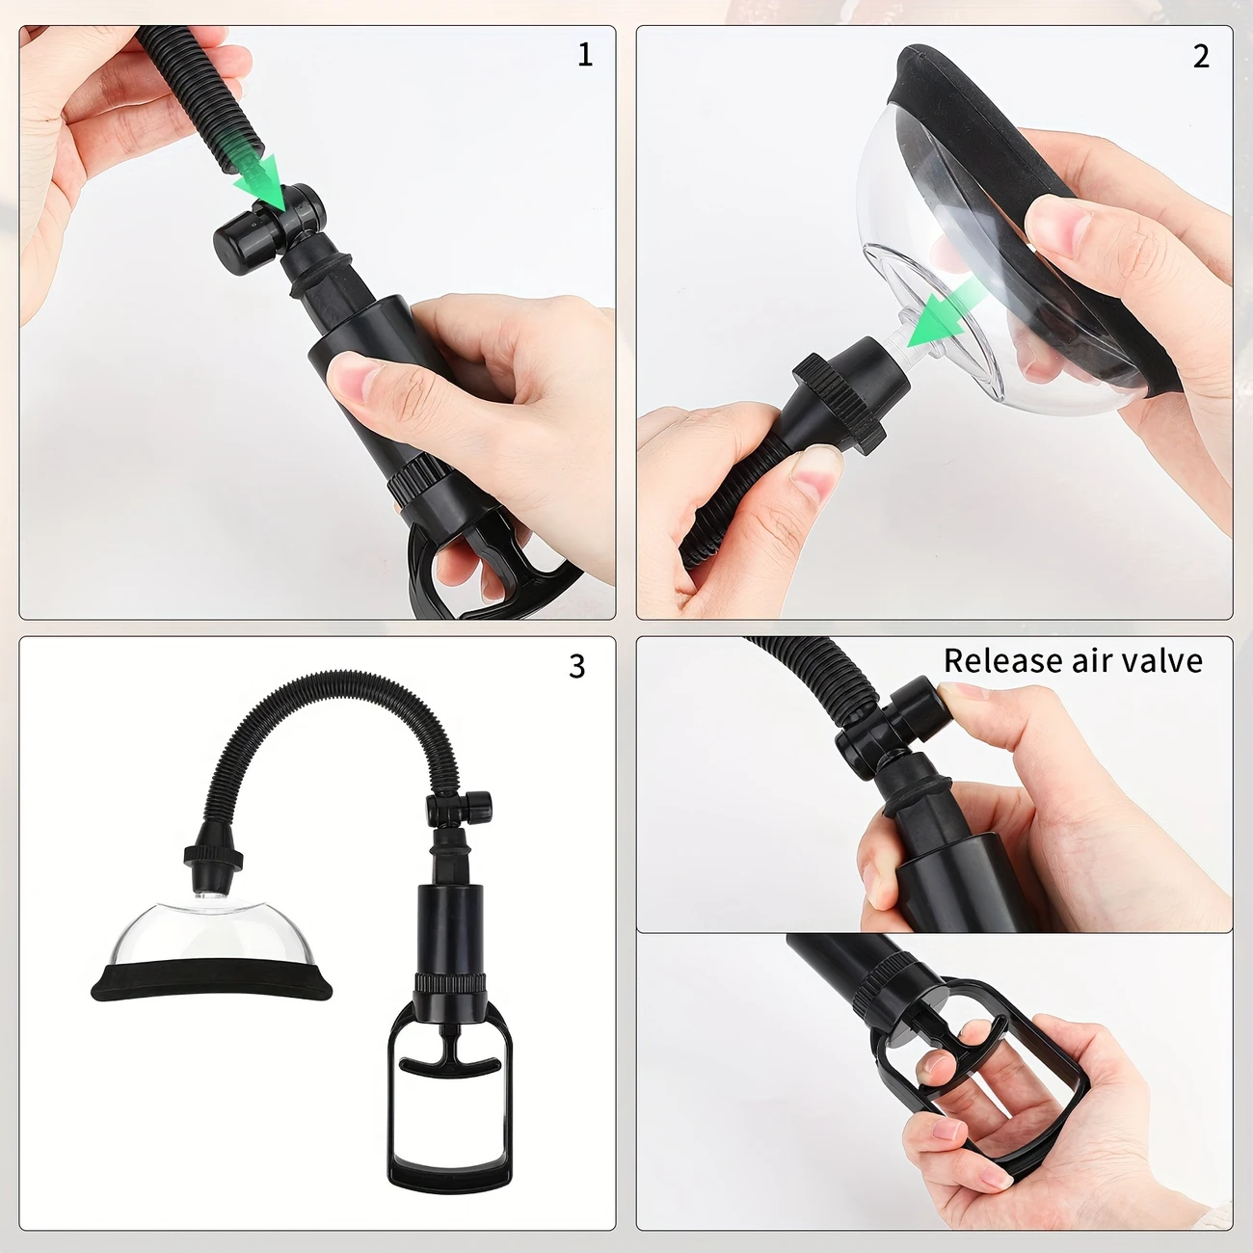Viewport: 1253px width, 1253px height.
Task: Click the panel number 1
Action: (585, 55)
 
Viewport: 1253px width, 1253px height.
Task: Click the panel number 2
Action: (1201, 57)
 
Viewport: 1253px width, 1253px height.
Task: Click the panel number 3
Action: (576, 666)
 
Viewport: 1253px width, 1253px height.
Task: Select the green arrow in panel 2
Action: (941, 312)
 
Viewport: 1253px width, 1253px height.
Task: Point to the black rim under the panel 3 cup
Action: (211, 979)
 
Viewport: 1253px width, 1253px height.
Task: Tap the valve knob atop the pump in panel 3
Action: (460, 809)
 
